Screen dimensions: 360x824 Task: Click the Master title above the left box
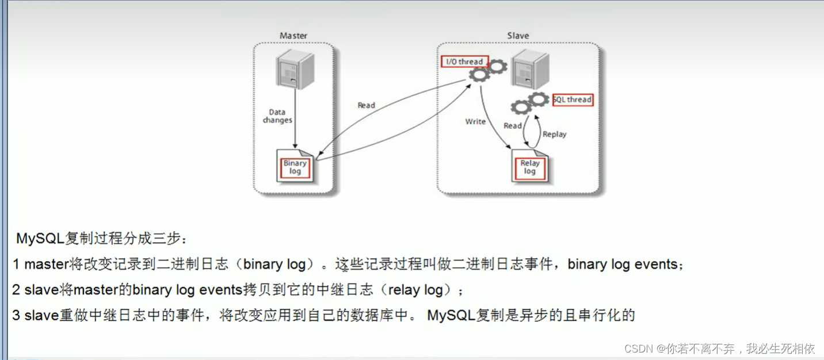pos(293,36)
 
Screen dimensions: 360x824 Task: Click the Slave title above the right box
pos(518,36)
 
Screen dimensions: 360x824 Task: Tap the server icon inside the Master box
pos(295,68)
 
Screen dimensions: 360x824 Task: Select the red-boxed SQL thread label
pos(573,99)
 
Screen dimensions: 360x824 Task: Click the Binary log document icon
pos(295,167)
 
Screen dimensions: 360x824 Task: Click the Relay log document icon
pos(530,167)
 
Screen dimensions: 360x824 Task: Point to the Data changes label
pos(277,116)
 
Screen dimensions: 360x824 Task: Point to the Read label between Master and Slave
pos(366,105)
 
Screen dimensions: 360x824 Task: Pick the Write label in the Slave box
pos(475,121)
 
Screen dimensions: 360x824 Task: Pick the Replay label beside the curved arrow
pos(554,134)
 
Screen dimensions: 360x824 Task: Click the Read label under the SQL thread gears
pos(512,125)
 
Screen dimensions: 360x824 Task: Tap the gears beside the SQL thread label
pos(530,104)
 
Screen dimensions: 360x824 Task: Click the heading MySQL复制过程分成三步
pos(102,238)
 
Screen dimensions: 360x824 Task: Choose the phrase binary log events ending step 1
pos(623,265)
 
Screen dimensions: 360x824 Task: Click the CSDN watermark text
pos(719,348)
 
